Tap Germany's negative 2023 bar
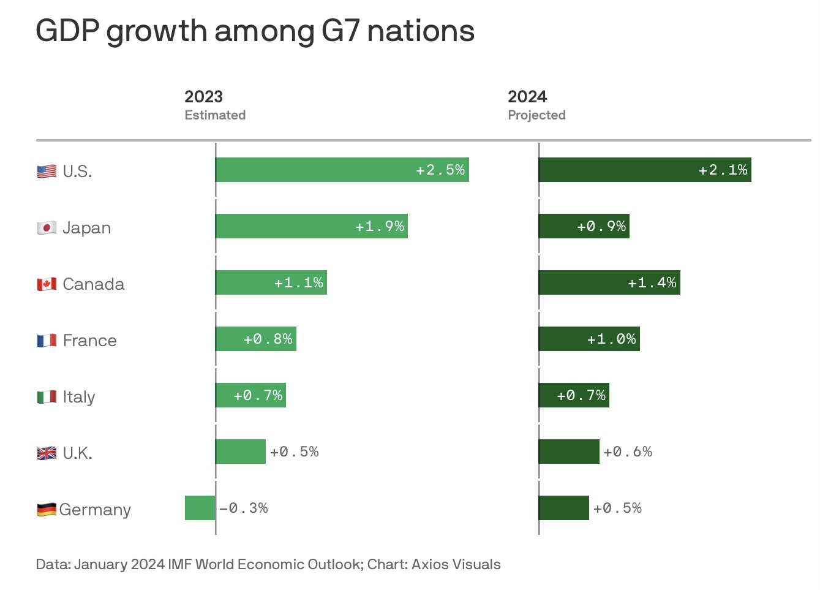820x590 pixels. coord(200,508)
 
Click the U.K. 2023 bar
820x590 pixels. coord(241,452)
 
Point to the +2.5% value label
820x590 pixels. coord(440,170)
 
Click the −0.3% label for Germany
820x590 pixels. coord(244,508)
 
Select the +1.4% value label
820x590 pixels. coord(652,282)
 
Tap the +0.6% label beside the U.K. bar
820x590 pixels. coord(628,452)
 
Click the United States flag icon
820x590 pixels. coord(47,172)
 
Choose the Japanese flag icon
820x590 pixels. coord(47,228)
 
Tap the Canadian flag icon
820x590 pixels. coord(47,284)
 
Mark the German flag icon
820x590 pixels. coord(47,510)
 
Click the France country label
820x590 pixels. coord(89,341)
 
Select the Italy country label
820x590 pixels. coord(79,397)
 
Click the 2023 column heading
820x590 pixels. coord(203,97)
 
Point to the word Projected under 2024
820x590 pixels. coord(536,115)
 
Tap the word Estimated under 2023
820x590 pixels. coord(215,115)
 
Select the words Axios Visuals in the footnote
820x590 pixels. coord(456,564)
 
